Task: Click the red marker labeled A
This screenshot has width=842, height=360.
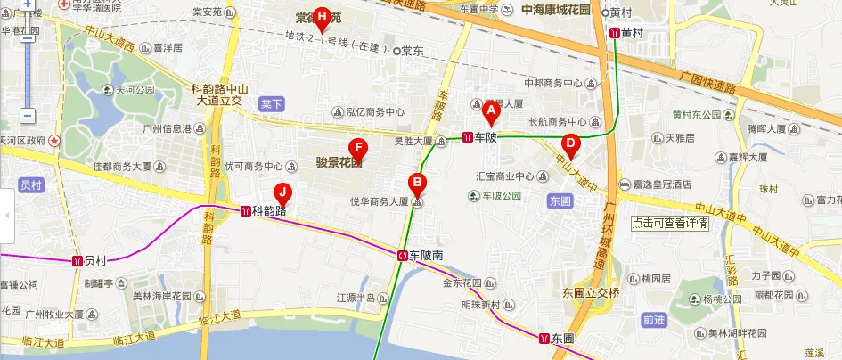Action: click(488, 111)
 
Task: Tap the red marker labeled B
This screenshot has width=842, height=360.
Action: click(416, 184)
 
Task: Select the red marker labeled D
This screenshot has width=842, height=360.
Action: click(571, 143)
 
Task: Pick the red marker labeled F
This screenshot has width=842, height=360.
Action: click(357, 148)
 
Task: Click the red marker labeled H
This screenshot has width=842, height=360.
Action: click(323, 12)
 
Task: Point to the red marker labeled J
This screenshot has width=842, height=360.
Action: click(282, 192)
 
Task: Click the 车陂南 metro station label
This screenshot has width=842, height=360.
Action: click(426, 255)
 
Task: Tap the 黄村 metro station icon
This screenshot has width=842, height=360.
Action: click(615, 33)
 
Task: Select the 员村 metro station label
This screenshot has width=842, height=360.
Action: click(96, 261)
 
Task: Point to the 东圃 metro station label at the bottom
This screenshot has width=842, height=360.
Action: click(562, 338)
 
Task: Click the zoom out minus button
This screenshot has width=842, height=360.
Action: click(28, 115)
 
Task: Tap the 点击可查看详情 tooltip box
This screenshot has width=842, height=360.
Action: click(670, 223)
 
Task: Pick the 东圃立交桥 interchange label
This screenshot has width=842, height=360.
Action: click(591, 292)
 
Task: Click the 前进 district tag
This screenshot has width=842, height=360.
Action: click(653, 319)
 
